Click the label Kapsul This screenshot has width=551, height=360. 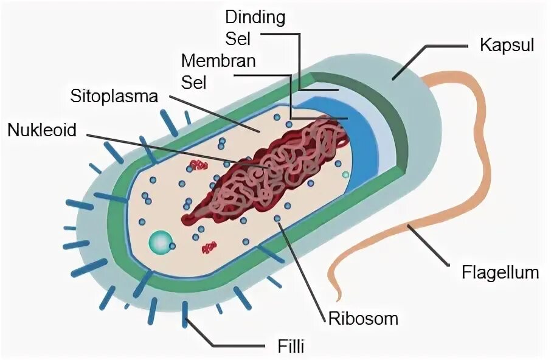tap(507, 45)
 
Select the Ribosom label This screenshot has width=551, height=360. tap(364, 318)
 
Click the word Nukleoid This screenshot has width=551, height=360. tap(42, 130)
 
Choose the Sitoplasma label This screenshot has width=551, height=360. tap(114, 96)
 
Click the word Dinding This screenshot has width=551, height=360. tap(255, 17)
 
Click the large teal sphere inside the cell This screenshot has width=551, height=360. tap(161, 242)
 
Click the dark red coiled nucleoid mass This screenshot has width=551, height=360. tap(268, 170)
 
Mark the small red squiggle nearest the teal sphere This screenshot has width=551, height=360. tap(209, 246)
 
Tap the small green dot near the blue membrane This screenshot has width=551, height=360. tap(345, 175)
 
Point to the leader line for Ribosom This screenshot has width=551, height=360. tap(304, 268)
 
